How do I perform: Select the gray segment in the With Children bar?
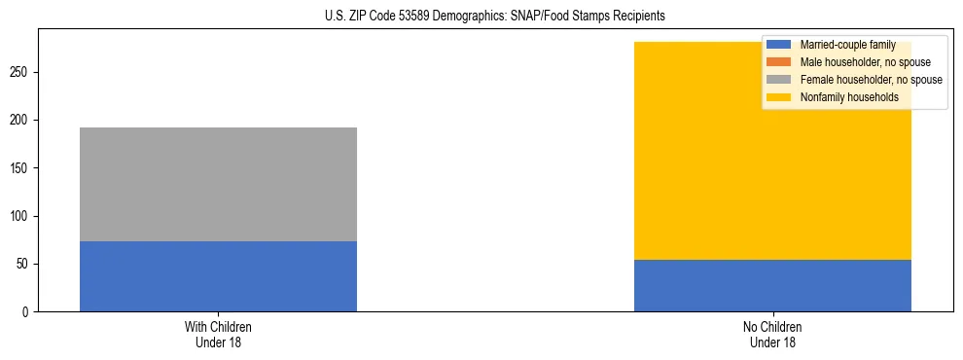pyautogui.click(x=218, y=184)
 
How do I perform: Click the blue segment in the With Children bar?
pyautogui.click(x=218, y=276)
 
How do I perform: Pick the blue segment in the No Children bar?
pyautogui.click(x=772, y=285)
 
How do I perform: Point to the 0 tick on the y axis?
pyautogui.click(x=28, y=311)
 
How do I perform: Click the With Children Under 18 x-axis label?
pyautogui.click(x=218, y=334)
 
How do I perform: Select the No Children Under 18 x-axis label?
pyautogui.click(x=772, y=334)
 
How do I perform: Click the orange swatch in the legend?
pyautogui.click(x=779, y=62)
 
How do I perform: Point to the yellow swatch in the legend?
pyautogui.click(x=779, y=97)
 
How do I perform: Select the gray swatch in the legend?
pyautogui.click(x=779, y=80)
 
